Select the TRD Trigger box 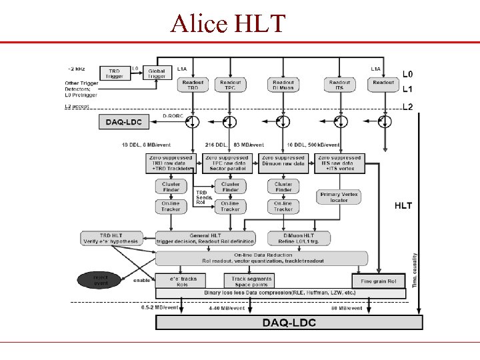click(115, 73)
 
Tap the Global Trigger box click(157, 73)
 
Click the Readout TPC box click(230, 85)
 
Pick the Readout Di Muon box click(283, 85)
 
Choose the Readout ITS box click(339, 85)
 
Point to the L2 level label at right click(408, 107)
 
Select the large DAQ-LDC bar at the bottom click(289, 323)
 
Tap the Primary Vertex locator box click(339, 197)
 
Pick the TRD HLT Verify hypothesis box click(111, 238)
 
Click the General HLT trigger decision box click(205, 238)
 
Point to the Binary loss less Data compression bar click(280, 293)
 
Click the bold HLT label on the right click(403, 206)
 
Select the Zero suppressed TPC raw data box click(228, 163)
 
